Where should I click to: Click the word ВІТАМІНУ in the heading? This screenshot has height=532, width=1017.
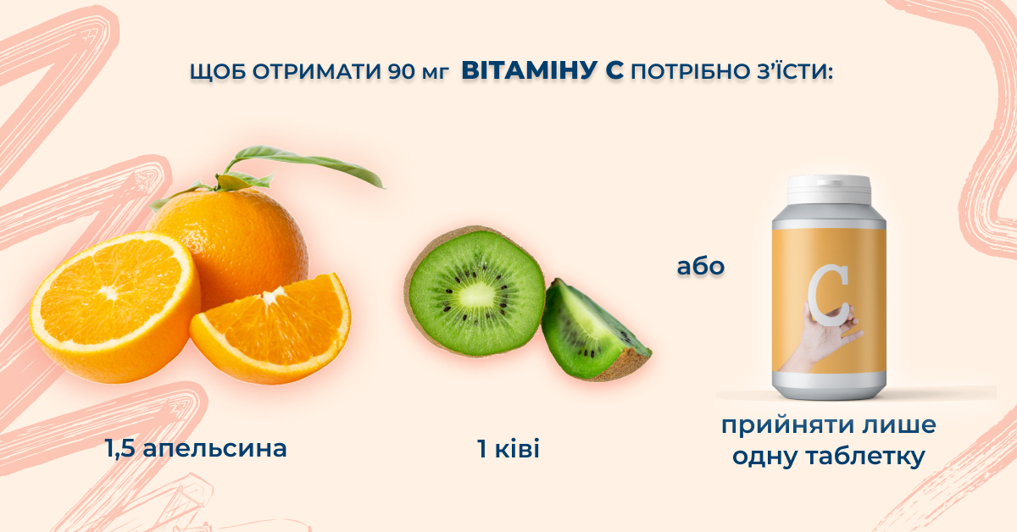point(528,71)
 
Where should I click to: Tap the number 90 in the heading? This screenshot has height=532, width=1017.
point(402,72)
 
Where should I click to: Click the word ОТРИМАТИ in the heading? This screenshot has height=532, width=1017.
point(316,72)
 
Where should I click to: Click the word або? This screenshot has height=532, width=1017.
point(701,267)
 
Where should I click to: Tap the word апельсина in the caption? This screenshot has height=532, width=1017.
point(214,449)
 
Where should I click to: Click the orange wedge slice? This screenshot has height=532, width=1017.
point(271,327)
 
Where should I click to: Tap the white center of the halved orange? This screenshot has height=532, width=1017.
point(110,293)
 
